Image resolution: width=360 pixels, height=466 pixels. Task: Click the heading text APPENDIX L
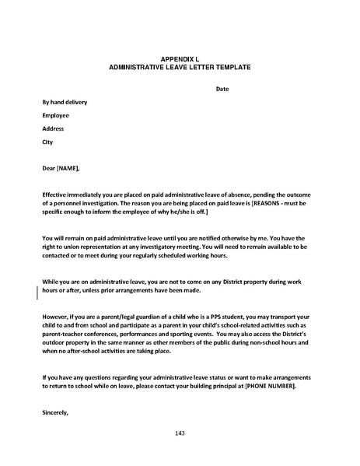click(x=180, y=60)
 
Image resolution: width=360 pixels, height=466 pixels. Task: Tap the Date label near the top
click(x=222, y=89)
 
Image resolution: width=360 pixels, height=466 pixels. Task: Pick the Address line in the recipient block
click(x=54, y=128)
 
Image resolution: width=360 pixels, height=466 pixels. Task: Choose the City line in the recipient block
click(x=47, y=142)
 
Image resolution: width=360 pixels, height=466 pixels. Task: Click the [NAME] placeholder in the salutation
click(x=68, y=168)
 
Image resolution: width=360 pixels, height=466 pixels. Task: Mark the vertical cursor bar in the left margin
click(x=38, y=292)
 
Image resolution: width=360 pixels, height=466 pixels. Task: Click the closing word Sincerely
click(x=56, y=413)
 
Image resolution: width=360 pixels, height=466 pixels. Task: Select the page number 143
click(x=180, y=433)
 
